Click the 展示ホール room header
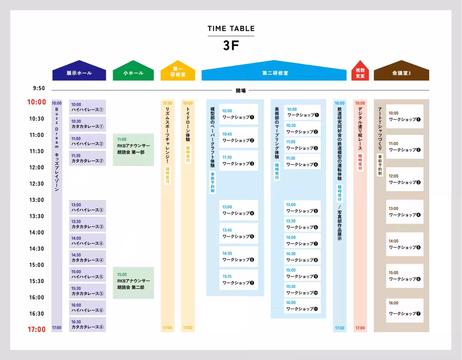(x=79, y=70)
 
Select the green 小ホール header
(x=133, y=70)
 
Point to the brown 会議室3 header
(x=402, y=70)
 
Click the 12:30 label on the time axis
(x=37, y=184)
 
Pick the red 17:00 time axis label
(x=37, y=329)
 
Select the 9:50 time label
(x=39, y=88)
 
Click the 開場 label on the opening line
(x=241, y=91)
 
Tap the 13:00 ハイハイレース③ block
(x=87, y=208)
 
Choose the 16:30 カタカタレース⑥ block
(x=87, y=325)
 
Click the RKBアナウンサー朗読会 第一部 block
(x=133, y=150)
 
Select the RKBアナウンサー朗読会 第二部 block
(x=133, y=283)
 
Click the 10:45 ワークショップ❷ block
(x=239, y=137)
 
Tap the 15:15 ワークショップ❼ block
(x=239, y=280)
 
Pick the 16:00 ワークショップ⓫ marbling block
(x=302, y=306)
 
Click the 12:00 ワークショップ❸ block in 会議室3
(x=405, y=179)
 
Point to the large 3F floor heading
(x=231, y=45)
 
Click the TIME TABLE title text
(x=231, y=28)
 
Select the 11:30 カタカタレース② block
(x=87, y=158)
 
